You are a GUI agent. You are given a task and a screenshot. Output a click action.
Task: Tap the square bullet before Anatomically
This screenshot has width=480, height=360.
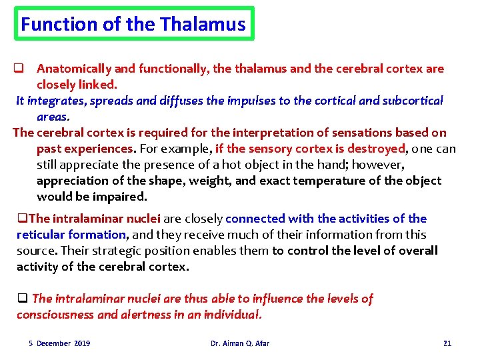[20, 69]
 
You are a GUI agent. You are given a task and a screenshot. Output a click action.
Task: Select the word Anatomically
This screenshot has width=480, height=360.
[74, 69]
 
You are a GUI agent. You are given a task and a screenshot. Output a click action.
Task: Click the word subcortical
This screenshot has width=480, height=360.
[413, 101]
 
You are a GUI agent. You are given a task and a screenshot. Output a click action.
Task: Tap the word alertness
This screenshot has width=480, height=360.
[148, 315]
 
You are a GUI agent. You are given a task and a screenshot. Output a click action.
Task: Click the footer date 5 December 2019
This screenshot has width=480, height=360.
[59, 343]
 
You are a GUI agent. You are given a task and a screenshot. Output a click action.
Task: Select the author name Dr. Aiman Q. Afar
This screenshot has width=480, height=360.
[240, 343]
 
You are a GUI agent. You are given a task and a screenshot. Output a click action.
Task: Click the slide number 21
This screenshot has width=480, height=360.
[447, 343]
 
